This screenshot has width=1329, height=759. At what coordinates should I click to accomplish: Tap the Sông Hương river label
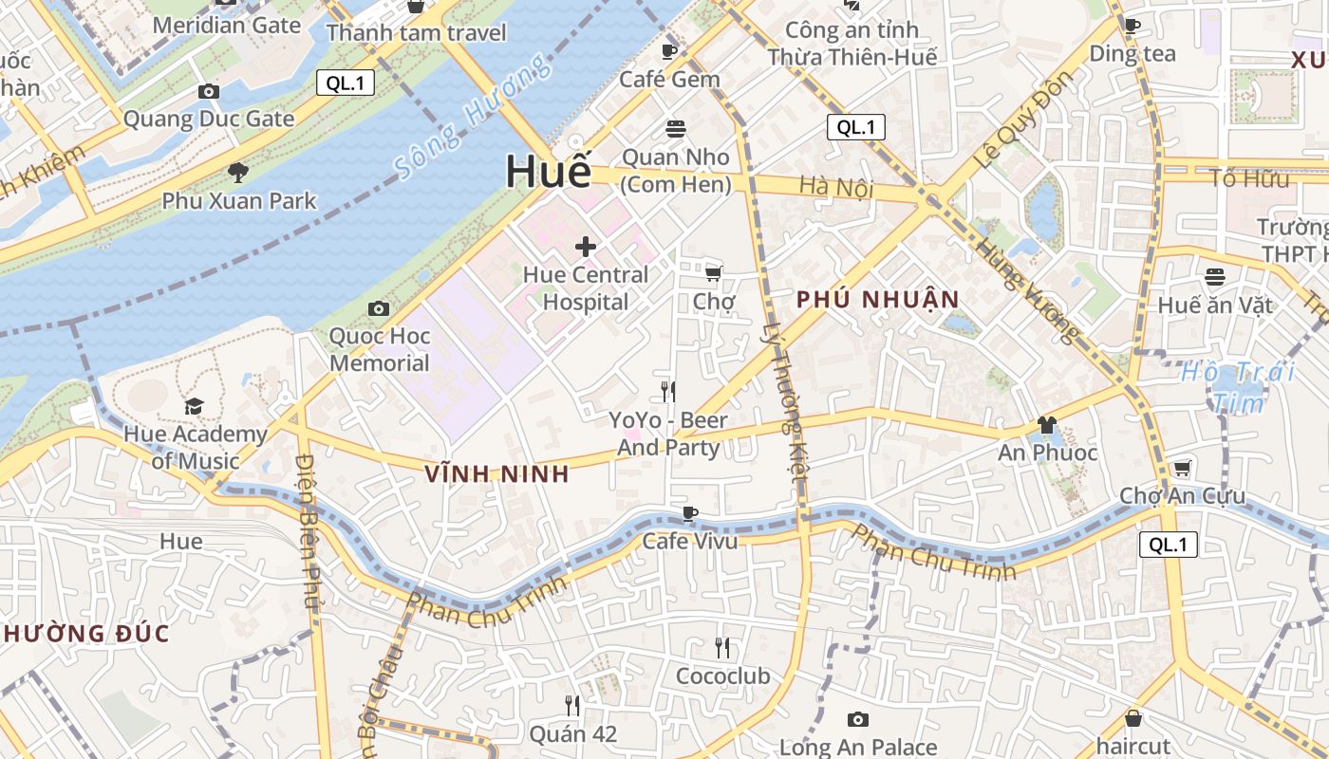472,117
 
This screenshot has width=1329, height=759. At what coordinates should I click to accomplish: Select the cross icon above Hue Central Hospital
586,247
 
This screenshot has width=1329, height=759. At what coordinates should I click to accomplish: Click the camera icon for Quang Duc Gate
209,92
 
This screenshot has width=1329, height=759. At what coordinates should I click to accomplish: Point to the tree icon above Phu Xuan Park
237,173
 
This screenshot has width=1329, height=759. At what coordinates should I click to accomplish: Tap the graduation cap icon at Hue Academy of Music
195,407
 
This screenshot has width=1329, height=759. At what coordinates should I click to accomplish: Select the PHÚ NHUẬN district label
878,300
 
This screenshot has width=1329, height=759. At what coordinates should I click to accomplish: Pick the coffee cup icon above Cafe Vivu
690,514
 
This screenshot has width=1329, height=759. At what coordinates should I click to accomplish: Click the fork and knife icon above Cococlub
722,648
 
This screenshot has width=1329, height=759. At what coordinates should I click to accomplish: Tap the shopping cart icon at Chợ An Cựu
1182,469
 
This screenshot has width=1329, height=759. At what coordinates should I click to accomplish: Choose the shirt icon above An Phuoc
1047,425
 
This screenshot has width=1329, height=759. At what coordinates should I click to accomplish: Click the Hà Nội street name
835,187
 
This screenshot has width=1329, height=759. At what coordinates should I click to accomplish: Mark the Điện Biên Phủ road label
308,531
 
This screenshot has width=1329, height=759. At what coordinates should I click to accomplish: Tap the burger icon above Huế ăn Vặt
1215,277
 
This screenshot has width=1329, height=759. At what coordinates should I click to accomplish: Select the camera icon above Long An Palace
858,720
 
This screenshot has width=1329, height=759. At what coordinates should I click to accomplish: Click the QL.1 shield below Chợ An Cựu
1168,545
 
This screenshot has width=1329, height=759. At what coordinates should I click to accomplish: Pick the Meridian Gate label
226,25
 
